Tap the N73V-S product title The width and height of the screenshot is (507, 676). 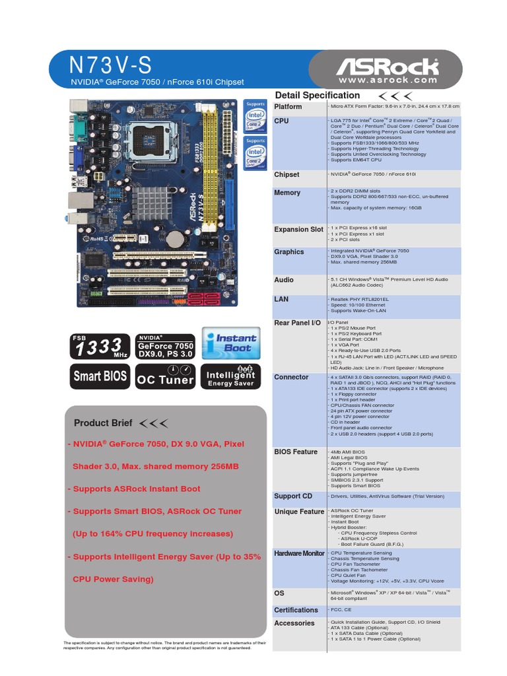[x=110, y=65]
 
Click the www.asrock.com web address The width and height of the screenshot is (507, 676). [x=388, y=80]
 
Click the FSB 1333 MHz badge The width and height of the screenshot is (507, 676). [x=100, y=345]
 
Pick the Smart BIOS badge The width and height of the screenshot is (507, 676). [x=100, y=376]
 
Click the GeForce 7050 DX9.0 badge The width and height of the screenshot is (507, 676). [x=165, y=345]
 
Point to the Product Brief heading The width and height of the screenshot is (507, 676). [x=103, y=423]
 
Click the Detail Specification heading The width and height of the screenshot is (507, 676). [x=318, y=95]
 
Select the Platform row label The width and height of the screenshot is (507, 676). [x=288, y=107]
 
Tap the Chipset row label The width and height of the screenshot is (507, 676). [x=287, y=175]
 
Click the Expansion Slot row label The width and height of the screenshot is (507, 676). [x=298, y=230]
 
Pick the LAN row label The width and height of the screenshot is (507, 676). [x=281, y=300]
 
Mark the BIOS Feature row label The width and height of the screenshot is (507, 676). [x=296, y=452]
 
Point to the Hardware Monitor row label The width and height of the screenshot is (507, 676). [x=299, y=553]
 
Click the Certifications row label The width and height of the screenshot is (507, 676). [x=296, y=610]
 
